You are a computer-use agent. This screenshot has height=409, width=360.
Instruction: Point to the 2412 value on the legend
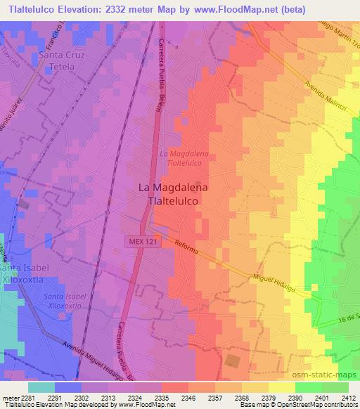click(348, 397)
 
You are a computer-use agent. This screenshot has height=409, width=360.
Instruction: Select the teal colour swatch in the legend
click(41, 387)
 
